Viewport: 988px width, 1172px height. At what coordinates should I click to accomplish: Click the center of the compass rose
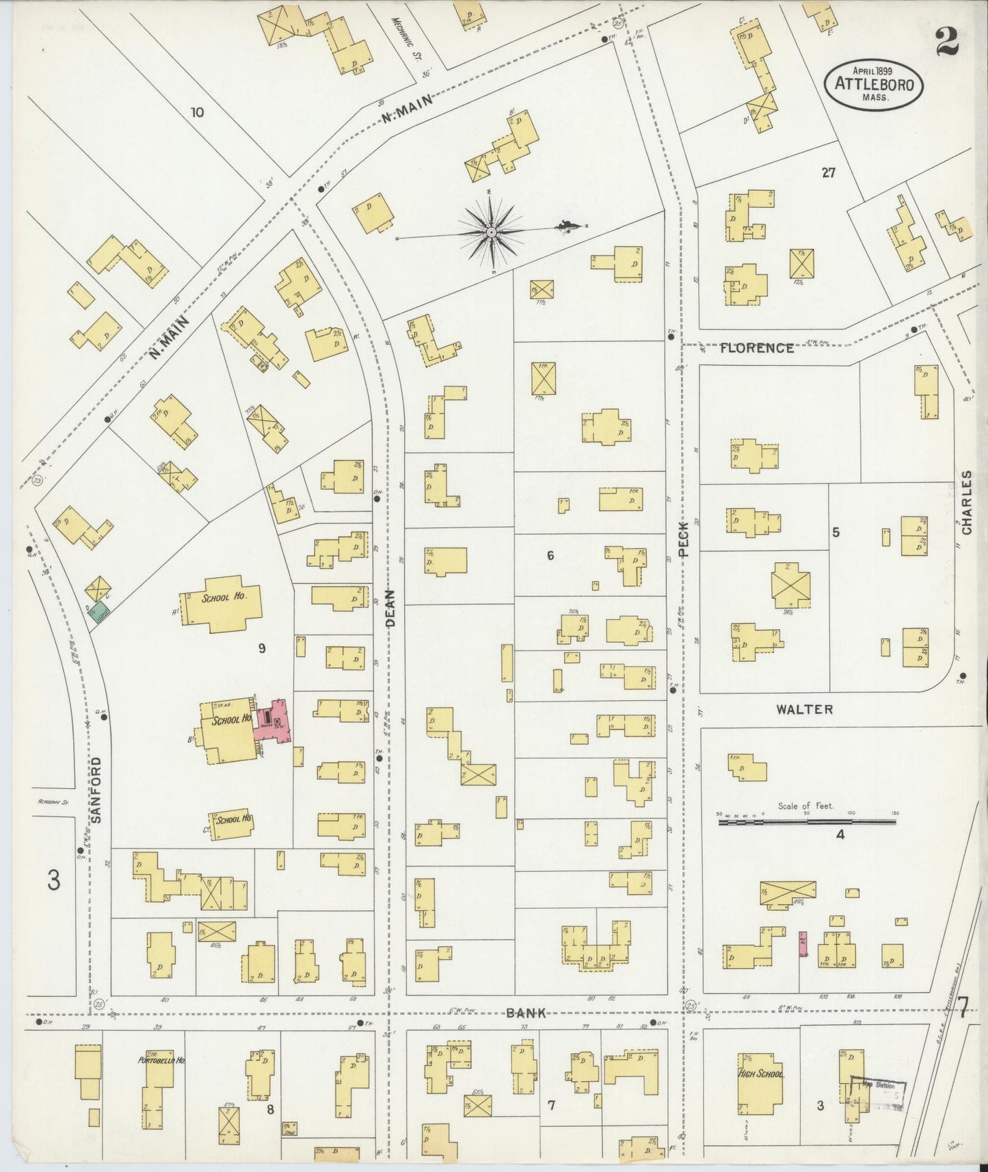[491, 233]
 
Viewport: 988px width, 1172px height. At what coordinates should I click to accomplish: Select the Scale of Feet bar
[807, 821]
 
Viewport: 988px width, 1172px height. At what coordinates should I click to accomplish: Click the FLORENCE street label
[757, 348]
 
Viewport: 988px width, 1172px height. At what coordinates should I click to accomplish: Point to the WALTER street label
[804, 709]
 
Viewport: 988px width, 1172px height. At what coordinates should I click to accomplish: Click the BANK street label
[526, 1013]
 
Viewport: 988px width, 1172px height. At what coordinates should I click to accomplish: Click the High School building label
[760, 1074]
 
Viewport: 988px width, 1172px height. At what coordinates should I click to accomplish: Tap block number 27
[828, 174]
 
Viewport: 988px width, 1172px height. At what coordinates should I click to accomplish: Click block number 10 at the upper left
[197, 112]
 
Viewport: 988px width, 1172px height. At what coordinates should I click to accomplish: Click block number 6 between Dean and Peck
[550, 556]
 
